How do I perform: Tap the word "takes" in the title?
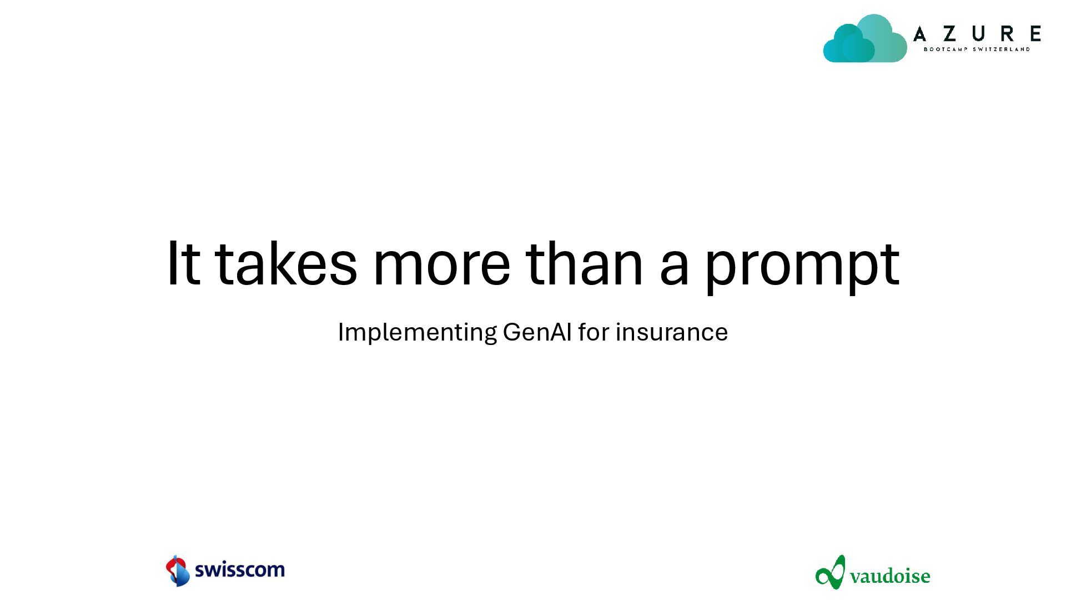point(285,263)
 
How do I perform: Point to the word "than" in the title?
point(584,263)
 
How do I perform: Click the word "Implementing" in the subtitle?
point(417,333)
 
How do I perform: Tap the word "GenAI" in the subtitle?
point(537,332)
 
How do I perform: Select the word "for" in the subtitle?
point(594,332)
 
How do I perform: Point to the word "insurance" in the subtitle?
point(672,332)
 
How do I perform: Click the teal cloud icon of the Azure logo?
point(864,38)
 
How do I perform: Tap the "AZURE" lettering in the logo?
point(977,34)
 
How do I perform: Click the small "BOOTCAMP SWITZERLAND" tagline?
point(977,49)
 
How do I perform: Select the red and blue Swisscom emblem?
point(178,571)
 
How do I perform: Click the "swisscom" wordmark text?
point(240,569)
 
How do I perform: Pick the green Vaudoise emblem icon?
point(831,572)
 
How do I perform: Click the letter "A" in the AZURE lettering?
point(920,34)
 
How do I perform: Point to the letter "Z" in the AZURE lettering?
point(950,34)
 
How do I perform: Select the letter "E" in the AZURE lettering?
point(1035,34)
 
